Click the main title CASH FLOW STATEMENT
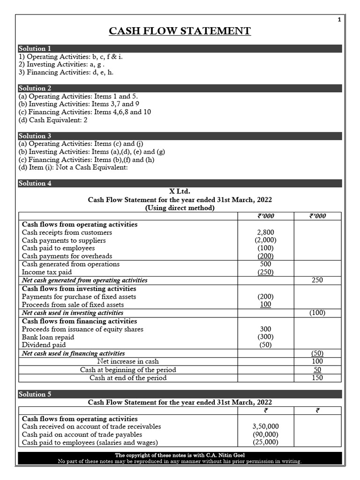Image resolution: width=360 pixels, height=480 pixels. point(180,31)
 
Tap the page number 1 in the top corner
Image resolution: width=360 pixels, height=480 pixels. point(339,19)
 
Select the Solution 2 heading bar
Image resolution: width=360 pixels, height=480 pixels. point(180,88)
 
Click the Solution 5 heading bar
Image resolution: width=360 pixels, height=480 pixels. point(180,394)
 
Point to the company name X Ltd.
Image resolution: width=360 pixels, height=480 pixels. point(180,191)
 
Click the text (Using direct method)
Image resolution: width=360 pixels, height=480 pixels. point(180,208)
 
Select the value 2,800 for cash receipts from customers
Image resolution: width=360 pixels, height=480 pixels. point(266,232)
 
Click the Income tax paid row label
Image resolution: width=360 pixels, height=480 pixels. point(47,272)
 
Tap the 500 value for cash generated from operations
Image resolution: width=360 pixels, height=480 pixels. point(266,264)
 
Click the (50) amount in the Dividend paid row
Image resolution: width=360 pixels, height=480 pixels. point(266,345)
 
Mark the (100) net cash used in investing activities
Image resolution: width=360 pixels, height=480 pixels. point(317,313)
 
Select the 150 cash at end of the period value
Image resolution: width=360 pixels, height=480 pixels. point(317,378)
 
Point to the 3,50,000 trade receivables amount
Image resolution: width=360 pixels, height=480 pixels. point(266,427)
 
